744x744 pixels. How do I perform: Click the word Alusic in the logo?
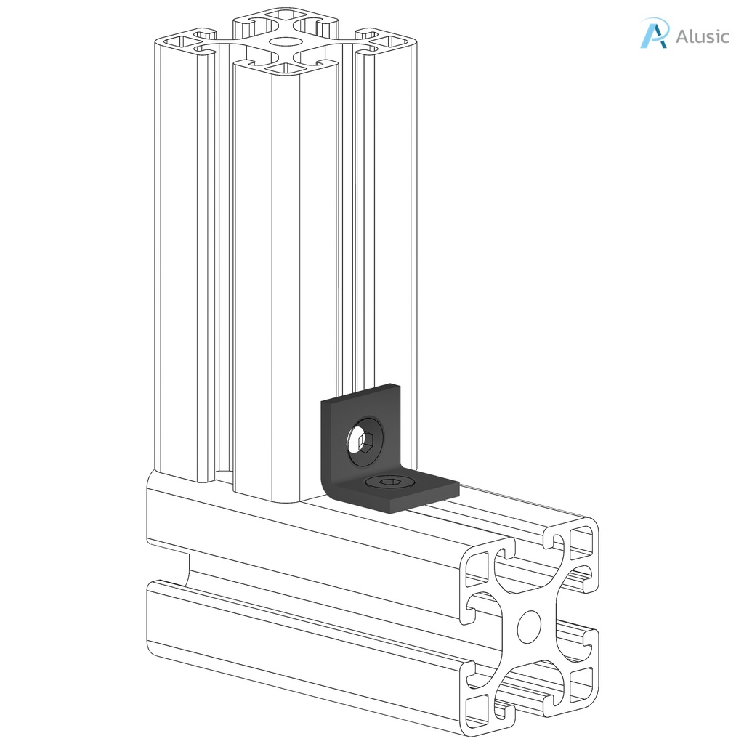point(702,36)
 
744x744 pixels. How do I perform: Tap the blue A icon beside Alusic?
point(653,34)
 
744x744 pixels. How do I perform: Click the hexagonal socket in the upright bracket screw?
point(364,441)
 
